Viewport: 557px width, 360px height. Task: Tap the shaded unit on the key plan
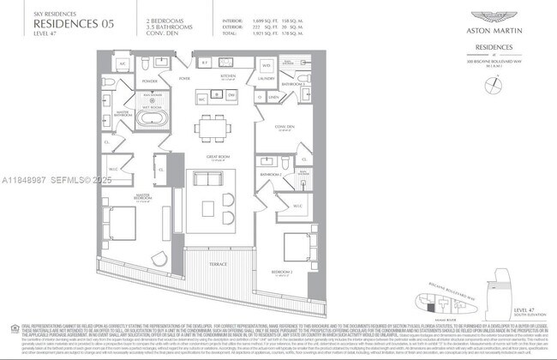coord(428,302)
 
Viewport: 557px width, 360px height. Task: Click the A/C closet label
coord(123,65)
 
